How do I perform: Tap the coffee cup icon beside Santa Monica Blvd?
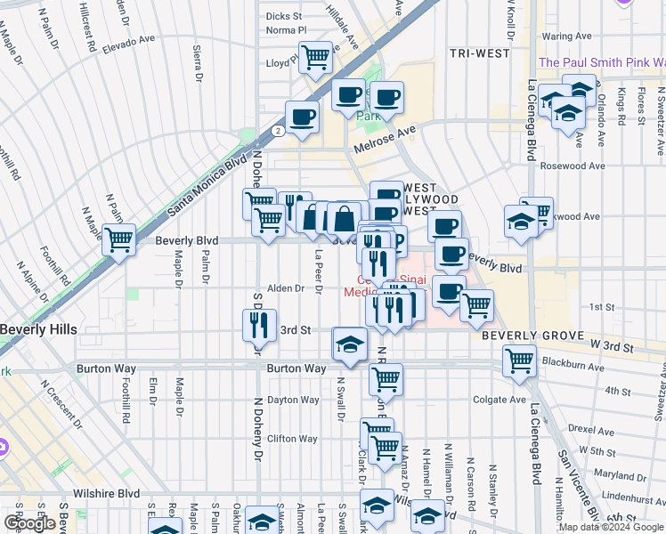302,117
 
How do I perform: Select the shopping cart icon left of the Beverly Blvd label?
118,239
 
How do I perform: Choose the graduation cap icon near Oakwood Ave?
520,223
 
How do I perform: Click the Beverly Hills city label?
38,329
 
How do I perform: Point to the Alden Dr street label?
287,288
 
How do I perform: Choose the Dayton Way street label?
293,400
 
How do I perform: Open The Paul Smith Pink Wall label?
602,62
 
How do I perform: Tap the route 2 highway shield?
279,130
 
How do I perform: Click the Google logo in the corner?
30,523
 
